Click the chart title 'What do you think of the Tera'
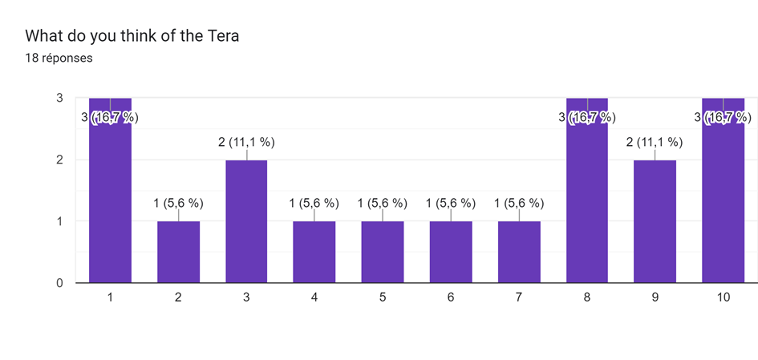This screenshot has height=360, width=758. point(132,36)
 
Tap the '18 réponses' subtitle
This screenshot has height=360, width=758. point(59,58)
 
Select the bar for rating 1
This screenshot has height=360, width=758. point(110,200)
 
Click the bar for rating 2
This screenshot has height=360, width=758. point(178,252)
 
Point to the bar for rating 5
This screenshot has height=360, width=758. point(383,252)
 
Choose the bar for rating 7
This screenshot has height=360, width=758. point(519,252)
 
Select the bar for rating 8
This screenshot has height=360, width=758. point(587,200)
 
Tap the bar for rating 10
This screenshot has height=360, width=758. point(723,200)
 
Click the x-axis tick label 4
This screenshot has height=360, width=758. point(314,297)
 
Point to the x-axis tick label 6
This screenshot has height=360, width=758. point(451,297)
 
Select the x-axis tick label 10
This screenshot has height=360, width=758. point(723,297)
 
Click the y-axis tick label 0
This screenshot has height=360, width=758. point(60,283)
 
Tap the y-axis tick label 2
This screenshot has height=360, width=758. point(60,160)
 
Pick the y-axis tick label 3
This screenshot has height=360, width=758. point(60,98)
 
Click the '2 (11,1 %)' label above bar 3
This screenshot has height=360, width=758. point(246,143)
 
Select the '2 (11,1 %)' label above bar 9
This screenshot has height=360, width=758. point(655,143)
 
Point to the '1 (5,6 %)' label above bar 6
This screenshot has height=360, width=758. point(451,204)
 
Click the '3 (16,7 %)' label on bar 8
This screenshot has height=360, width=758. point(587,118)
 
